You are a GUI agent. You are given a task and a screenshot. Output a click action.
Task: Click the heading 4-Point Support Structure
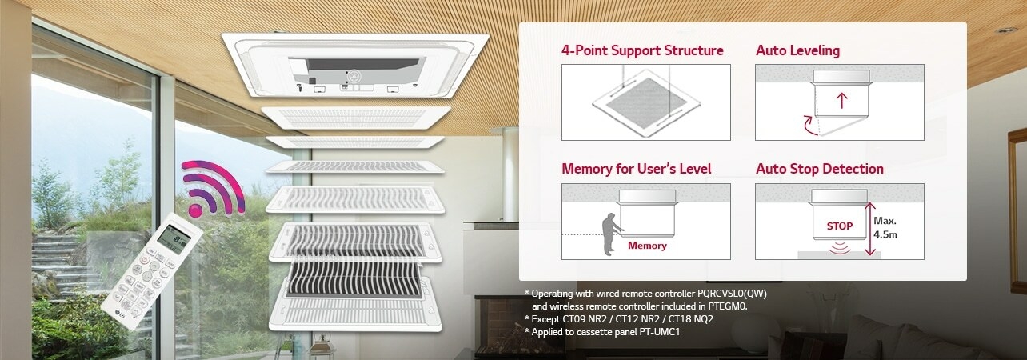point(642,50)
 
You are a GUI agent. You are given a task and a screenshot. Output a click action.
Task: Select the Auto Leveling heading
point(797,50)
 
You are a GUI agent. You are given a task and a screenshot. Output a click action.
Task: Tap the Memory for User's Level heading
point(636,169)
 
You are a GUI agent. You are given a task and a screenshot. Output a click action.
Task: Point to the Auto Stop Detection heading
point(819,169)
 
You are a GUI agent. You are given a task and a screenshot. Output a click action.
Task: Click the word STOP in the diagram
point(840,226)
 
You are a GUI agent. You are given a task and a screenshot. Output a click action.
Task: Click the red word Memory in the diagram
point(647,246)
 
